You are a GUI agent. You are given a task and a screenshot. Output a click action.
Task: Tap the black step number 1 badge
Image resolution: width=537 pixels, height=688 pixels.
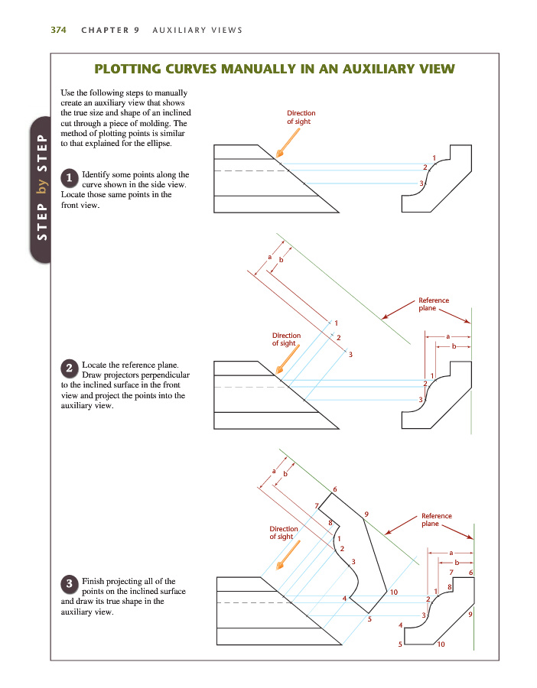click(69, 177)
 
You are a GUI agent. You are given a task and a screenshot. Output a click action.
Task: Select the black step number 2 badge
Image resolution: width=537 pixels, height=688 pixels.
click(69, 368)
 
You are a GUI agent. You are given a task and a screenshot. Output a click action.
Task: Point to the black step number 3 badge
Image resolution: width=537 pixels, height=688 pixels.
click(69, 584)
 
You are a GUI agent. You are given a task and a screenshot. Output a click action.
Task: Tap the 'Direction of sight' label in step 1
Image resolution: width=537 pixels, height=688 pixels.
click(301, 117)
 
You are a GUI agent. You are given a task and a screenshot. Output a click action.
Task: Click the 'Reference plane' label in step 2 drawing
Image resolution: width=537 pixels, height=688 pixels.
click(434, 304)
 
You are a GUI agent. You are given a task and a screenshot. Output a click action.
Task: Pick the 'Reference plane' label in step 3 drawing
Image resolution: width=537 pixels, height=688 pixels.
click(436, 520)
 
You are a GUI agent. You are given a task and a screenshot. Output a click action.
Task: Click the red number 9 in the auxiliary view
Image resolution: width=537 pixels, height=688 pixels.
click(367, 514)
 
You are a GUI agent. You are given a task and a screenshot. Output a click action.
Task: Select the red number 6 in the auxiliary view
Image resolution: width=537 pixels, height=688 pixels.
click(334, 488)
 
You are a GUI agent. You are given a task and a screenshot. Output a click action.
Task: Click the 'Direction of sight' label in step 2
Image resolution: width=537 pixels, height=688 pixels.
click(286, 339)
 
